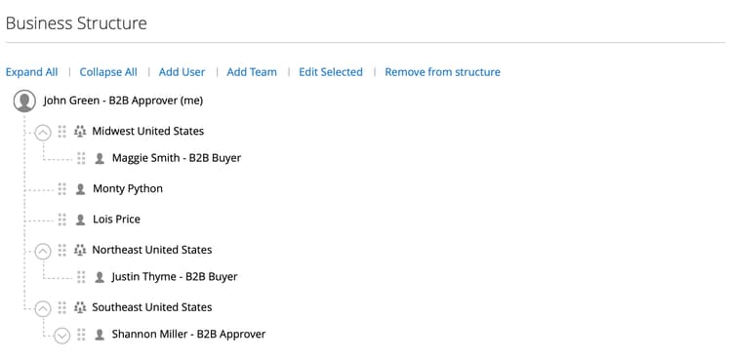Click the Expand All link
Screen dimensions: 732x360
[x=32, y=72]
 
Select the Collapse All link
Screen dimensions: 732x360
[x=108, y=72]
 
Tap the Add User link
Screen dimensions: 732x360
[x=183, y=72]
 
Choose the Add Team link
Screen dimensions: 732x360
[x=252, y=72]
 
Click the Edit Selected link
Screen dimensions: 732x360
[x=331, y=72]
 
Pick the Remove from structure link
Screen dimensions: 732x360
[x=442, y=72]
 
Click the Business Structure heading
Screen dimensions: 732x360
[x=76, y=23]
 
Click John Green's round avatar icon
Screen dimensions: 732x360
[x=24, y=100]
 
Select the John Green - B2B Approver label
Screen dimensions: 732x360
[x=123, y=100]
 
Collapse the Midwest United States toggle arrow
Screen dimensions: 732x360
[x=43, y=133]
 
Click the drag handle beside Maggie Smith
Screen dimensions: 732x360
[x=81, y=158]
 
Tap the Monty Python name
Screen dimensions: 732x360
[x=128, y=188]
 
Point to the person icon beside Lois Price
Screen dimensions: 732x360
[x=80, y=220]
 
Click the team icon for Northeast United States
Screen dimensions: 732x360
[x=80, y=251]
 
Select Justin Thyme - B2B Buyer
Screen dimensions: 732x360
[x=175, y=277]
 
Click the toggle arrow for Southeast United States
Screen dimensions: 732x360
[x=43, y=309]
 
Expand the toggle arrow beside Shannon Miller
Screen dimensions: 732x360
[x=62, y=336]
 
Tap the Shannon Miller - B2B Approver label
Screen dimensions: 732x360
[x=188, y=335]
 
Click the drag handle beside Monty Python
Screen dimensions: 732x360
[x=62, y=189]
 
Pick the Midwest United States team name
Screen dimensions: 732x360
[x=148, y=131]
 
